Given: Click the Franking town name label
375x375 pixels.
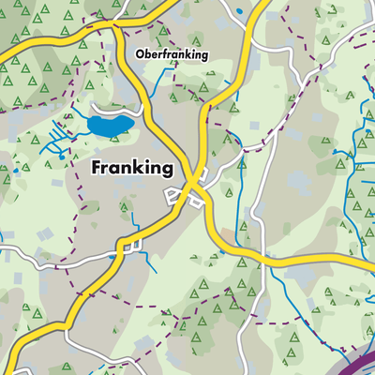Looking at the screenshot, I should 132,169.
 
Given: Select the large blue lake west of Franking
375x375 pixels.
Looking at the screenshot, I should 111,124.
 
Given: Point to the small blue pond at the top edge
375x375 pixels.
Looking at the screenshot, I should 240,10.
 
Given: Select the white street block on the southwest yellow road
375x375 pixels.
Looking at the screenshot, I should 128,246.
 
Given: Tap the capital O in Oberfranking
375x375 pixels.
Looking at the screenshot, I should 140,55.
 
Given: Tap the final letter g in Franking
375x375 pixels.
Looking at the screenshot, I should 167,172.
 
